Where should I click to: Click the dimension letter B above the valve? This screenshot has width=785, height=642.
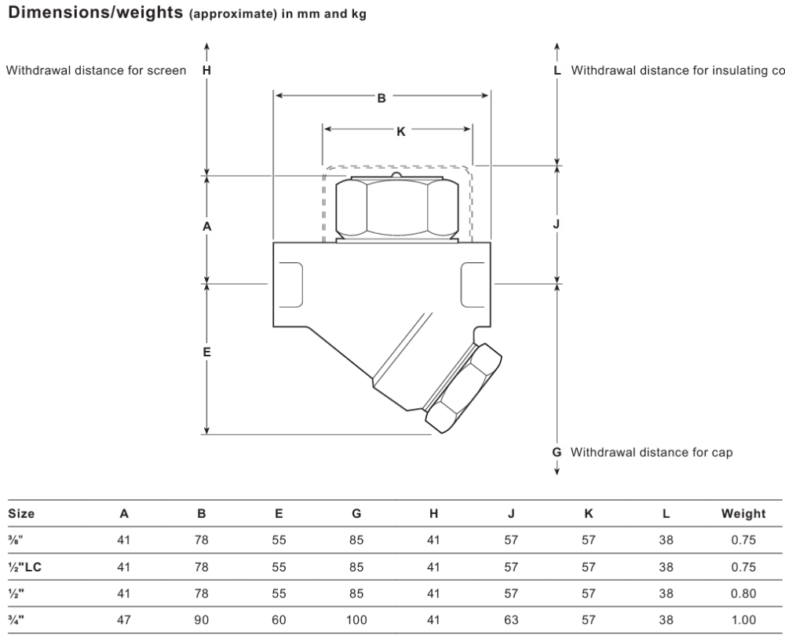point(382,98)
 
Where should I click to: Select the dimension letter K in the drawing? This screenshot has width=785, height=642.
point(401,132)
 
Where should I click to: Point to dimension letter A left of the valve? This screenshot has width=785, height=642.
point(206,227)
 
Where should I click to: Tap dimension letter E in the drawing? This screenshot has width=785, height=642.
point(206,352)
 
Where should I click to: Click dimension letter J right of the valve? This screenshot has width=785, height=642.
point(557,224)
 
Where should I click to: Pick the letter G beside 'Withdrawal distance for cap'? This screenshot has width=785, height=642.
point(557,452)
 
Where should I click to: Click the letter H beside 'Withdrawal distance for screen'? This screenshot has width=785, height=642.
point(206,71)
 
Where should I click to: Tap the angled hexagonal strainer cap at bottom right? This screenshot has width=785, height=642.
point(463,388)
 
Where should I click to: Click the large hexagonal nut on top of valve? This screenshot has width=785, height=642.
point(397,208)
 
